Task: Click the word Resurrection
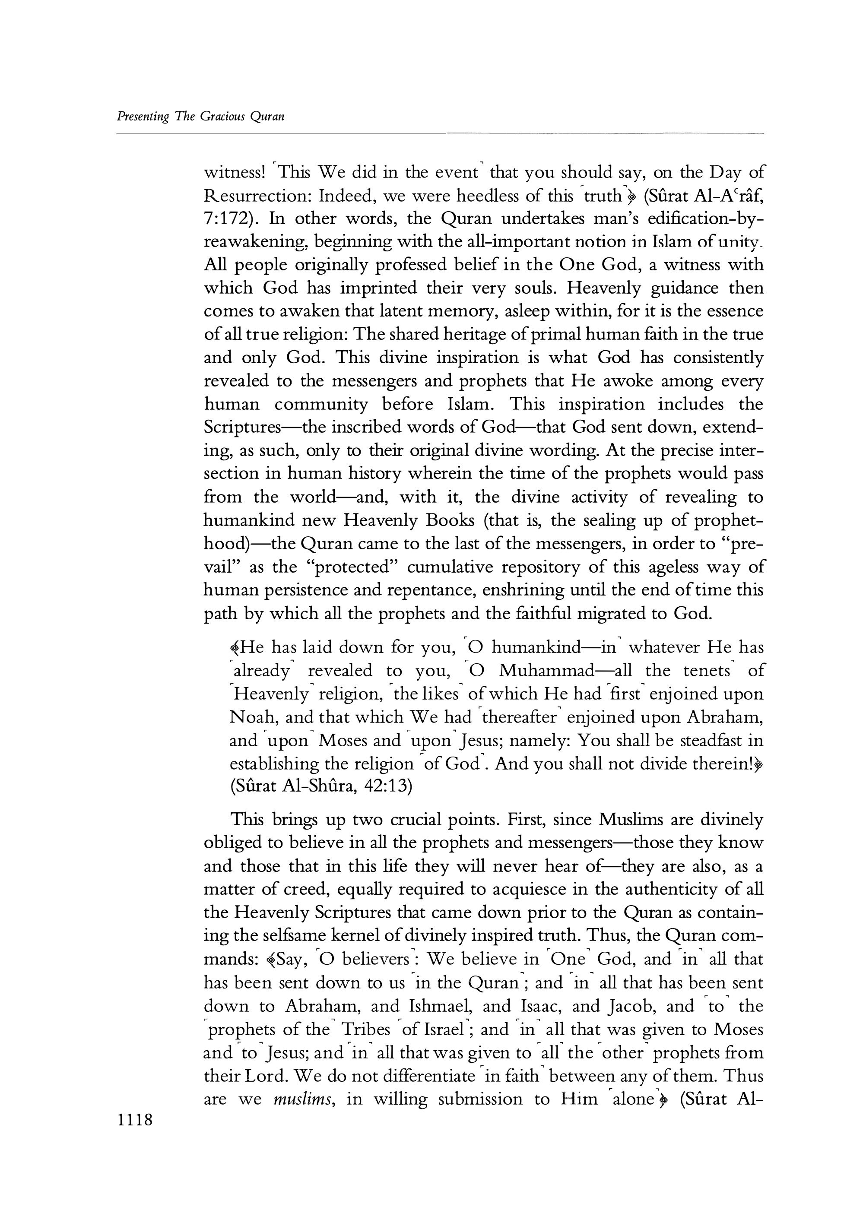click(x=256, y=196)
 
